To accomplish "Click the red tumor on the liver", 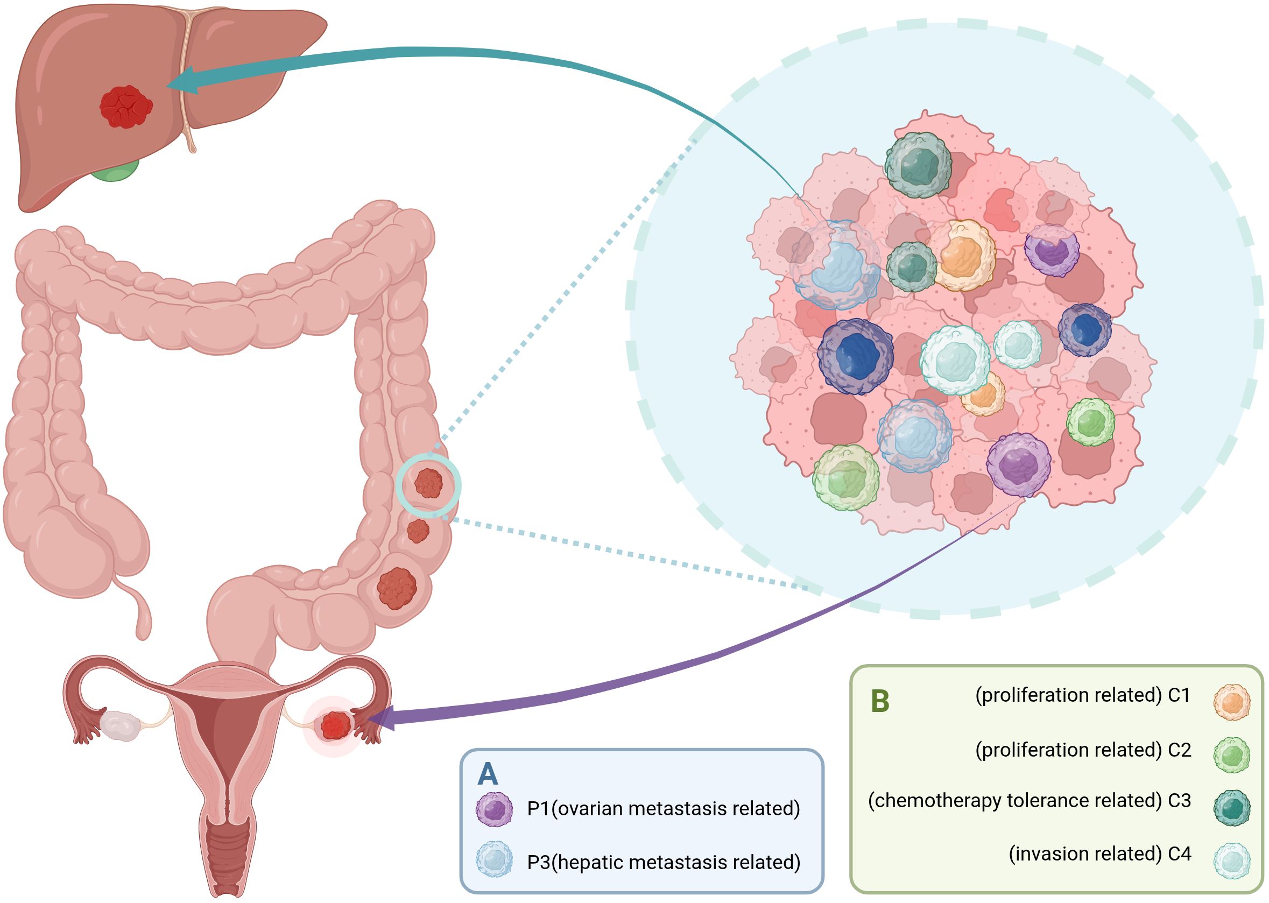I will tap(126, 107).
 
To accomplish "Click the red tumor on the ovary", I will tap(335, 725).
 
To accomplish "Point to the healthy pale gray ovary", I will tap(119, 725).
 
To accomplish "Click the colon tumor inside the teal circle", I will tap(428, 483).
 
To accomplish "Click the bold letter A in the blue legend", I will tap(488, 773).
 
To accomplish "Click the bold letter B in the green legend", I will tap(880, 701).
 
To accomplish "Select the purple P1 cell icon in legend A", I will tap(494, 809).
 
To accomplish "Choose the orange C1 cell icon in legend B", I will tap(1231, 702).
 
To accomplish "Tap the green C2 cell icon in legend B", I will tap(1231, 754).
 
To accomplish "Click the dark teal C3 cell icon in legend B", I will tap(1231, 808).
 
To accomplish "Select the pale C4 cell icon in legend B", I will tap(1231, 860).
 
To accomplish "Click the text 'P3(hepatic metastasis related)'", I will tap(664, 862).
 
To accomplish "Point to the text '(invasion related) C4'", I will tap(1099, 853).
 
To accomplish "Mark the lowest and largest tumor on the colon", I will tap(397, 588).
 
